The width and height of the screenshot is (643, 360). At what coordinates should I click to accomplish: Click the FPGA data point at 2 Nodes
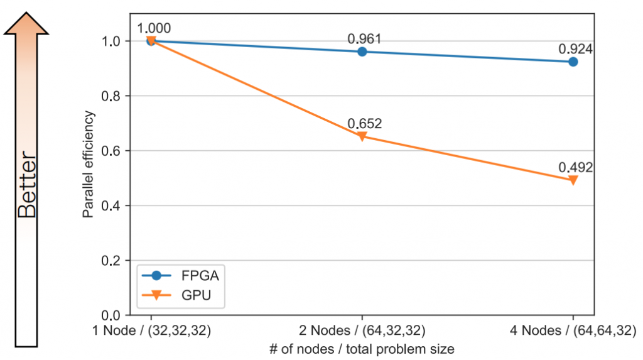[362, 52]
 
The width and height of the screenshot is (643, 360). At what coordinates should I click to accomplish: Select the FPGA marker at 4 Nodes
[573, 62]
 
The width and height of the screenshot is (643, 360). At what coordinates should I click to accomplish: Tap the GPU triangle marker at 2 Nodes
[362, 136]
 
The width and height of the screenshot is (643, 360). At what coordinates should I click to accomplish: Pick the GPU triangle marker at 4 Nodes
[573, 180]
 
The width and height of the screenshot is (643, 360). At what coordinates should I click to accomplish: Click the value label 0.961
[365, 39]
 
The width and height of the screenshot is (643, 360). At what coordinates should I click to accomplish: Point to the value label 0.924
[576, 48]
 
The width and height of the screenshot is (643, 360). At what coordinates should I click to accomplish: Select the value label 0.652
[365, 124]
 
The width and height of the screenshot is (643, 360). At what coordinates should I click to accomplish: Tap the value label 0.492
[576, 168]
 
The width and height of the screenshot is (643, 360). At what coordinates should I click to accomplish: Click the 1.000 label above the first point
[154, 28]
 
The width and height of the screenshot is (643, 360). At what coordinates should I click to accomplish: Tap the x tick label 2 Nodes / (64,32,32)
[362, 329]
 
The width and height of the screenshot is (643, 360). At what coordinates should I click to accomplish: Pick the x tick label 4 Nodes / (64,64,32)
[573, 329]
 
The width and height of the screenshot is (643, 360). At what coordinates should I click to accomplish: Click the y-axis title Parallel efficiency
[89, 165]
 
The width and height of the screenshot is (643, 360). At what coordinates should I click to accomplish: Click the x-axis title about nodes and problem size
[362, 347]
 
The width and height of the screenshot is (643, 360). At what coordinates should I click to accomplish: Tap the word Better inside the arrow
[26, 185]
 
